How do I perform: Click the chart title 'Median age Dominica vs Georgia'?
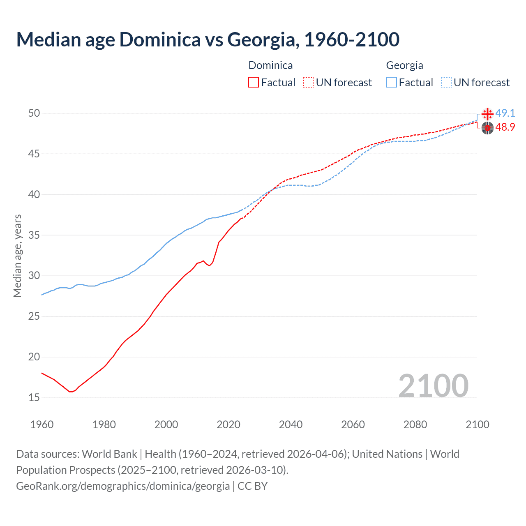(x=208, y=39)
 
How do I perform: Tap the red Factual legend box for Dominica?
(x=254, y=83)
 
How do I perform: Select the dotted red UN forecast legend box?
(x=308, y=83)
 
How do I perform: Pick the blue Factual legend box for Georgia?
(x=392, y=83)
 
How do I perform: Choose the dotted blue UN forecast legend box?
(x=446, y=83)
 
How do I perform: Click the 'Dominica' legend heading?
(x=270, y=65)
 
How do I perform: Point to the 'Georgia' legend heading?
(x=404, y=65)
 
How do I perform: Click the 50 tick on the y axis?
(x=34, y=113)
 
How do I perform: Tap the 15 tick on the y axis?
(x=34, y=397)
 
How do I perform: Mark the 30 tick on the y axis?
(x=34, y=276)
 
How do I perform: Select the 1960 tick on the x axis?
(x=42, y=424)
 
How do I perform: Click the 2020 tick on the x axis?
(x=228, y=424)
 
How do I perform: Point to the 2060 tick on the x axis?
(x=353, y=424)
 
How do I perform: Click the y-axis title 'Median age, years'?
(x=17, y=256)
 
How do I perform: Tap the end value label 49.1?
(x=505, y=113)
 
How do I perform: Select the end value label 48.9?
(x=505, y=127)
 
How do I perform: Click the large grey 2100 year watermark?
(x=433, y=385)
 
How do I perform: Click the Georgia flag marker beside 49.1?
(x=487, y=114)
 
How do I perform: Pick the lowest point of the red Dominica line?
(x=71, y=392)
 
